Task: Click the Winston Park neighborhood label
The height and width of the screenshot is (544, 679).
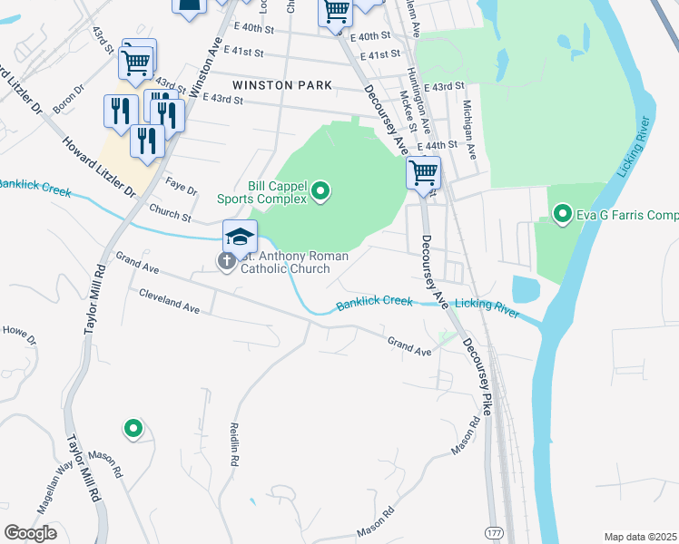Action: coord(275,85)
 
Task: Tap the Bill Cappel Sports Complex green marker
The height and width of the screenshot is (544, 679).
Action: coord(320,190)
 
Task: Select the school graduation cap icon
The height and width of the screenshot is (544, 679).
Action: coord(240,237)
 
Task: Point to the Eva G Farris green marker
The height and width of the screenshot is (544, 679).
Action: coord(562,215)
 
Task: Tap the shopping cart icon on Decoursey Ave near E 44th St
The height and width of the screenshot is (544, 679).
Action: coord(423,171)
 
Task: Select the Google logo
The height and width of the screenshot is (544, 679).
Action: coord(30,533)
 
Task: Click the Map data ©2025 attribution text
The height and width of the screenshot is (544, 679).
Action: coord(639,537)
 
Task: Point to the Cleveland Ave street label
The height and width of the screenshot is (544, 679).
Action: coord(169,302)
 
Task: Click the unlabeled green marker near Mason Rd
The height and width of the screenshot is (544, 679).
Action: coord(133,428)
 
